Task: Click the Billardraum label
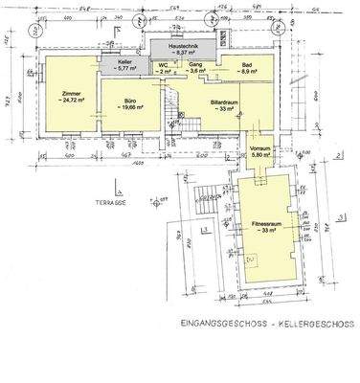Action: [x=223, y=101]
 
